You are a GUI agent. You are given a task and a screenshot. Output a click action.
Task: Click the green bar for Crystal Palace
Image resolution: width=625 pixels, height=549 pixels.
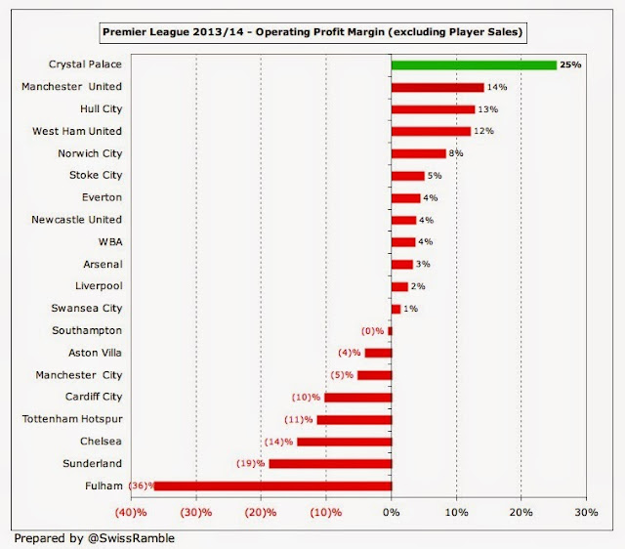tap(474, 65)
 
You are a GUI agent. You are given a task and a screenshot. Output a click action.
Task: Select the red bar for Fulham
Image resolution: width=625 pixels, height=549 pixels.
tap(272, 486)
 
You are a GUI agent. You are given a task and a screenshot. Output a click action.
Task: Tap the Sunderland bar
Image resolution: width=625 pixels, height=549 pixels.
tap(330, 463)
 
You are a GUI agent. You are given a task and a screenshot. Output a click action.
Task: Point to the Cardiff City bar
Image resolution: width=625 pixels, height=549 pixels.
tap(357, 397)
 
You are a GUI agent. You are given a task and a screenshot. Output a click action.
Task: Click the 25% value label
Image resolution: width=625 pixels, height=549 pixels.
tap(571, 65)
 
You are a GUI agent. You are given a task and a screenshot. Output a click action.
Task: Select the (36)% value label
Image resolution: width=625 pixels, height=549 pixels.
tap(141, 486)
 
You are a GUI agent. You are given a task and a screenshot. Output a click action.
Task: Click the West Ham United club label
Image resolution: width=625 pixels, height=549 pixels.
tap(86, 131)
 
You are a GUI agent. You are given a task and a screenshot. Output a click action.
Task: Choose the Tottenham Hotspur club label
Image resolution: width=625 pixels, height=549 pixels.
tap(73, 419)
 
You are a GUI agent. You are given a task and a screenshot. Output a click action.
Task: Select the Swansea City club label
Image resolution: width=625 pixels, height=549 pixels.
tap(88, 308)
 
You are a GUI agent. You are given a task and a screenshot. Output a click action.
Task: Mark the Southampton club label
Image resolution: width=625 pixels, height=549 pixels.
tap(88, 330)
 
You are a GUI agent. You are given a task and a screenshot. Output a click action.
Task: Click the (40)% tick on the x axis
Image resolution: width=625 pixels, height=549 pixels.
tap(132, 513)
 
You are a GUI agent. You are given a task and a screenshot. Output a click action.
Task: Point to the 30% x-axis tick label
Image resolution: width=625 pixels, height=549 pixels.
tap(586, 513)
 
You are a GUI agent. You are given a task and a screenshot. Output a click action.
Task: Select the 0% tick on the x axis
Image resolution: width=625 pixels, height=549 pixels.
tap(392, 513)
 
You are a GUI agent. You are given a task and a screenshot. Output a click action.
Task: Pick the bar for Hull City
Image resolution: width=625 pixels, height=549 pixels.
tap(433, 109)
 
